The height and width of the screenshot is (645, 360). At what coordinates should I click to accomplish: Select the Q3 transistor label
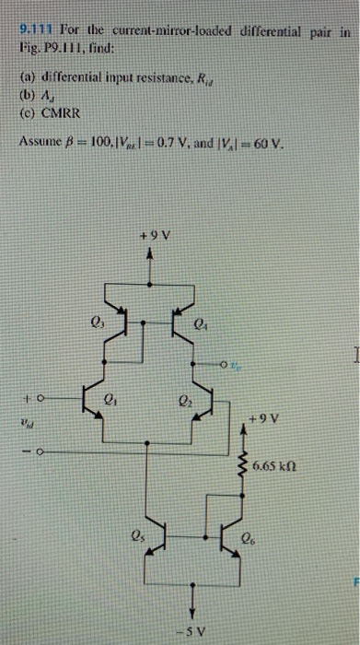tap(94, 322)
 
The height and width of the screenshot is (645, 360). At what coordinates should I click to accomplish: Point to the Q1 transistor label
tap(111, 399)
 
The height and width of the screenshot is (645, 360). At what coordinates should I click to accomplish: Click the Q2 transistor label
tap(182, 399)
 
